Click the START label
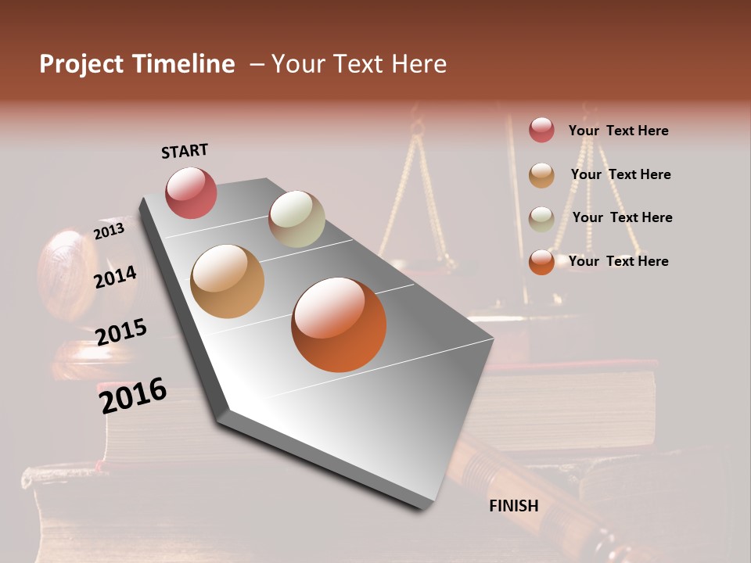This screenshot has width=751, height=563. pos(185,151)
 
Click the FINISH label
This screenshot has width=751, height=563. pos(514,506)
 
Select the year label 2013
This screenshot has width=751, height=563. pos(109,231)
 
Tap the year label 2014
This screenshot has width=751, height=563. pos(116,278)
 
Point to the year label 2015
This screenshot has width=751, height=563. pos(121,332)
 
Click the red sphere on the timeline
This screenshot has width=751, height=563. pos(191,192)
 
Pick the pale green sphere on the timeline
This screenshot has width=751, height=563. pos(296,219)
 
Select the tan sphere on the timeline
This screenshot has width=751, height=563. pos(228,281)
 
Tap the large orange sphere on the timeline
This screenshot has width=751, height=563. pos(339,325)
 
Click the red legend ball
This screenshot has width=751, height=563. pos(541,131)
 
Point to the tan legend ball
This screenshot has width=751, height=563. pos(541,175)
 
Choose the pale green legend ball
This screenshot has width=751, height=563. pos(541,218)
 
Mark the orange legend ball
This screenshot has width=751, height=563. pos(541,262)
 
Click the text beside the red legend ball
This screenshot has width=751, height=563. pos(618,131)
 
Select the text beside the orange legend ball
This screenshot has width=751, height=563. pos(618,261)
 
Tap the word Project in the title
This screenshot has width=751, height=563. pos(81,64)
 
